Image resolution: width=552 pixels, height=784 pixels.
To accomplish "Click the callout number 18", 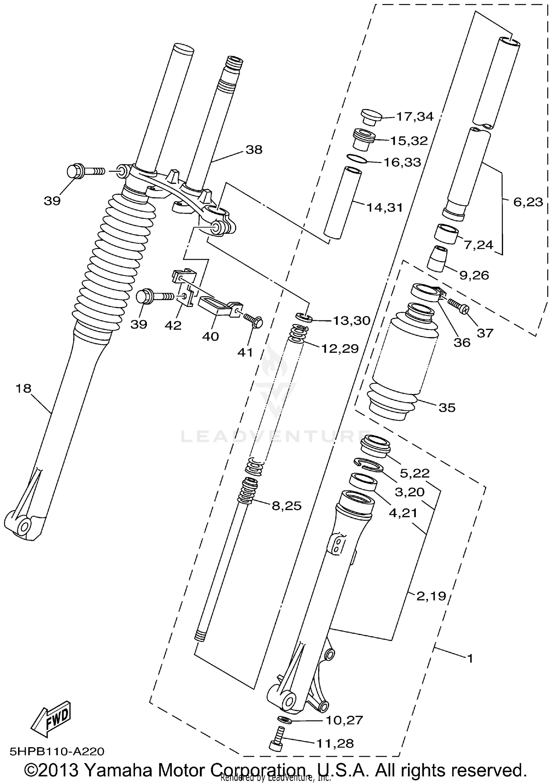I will click(x=24, y=389).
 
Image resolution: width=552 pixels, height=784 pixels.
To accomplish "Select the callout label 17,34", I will click(x=415, y=117).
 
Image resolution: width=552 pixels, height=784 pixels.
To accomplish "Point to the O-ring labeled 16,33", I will click(x=357, y=159).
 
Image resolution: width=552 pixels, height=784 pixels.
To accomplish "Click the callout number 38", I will click(x=254, y=150).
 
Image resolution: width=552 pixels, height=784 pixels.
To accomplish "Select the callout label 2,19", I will click(x=431, y=596).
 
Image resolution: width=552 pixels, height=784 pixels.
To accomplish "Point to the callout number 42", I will click(x=173, y=325).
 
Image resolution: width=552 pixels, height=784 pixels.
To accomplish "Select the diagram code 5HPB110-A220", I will click(x=57, y=751).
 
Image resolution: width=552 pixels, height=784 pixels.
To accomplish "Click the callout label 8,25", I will click(x=287, y=506).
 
